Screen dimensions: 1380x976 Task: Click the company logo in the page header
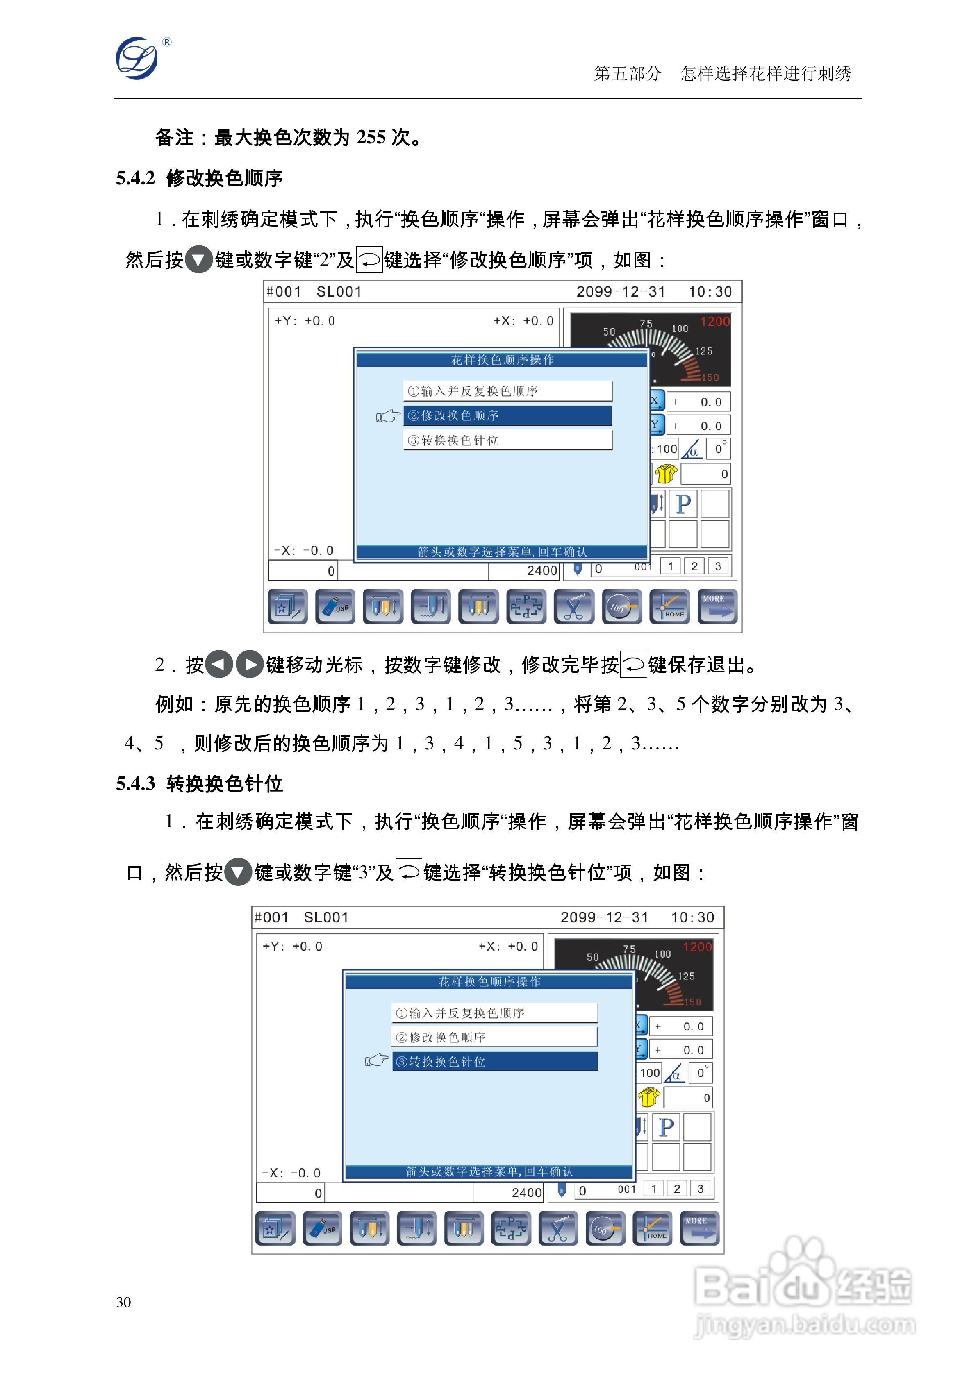click(138, 58)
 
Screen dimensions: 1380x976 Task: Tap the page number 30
click(123, 1301)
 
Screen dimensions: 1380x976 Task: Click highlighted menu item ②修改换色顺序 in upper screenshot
click(507, 415)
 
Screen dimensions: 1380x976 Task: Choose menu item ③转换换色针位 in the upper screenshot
click(507, 440)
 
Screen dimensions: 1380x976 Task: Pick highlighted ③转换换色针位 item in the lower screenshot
click(494, 1062)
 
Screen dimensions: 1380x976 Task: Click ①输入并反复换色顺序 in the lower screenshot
click(494, 1013)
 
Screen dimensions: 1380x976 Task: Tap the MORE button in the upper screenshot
click(717, 606)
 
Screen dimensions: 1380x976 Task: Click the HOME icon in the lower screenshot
click(653, 1228)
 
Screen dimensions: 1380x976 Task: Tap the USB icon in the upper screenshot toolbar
click(335, 606)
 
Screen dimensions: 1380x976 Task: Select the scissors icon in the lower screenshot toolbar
click(558, 1228)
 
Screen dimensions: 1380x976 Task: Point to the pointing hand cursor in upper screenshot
click(388, 416)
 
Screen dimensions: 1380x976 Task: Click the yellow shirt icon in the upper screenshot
click(666, 474)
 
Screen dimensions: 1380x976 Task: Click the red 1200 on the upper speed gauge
click(714, 322)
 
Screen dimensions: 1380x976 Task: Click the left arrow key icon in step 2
click(218, 665)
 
